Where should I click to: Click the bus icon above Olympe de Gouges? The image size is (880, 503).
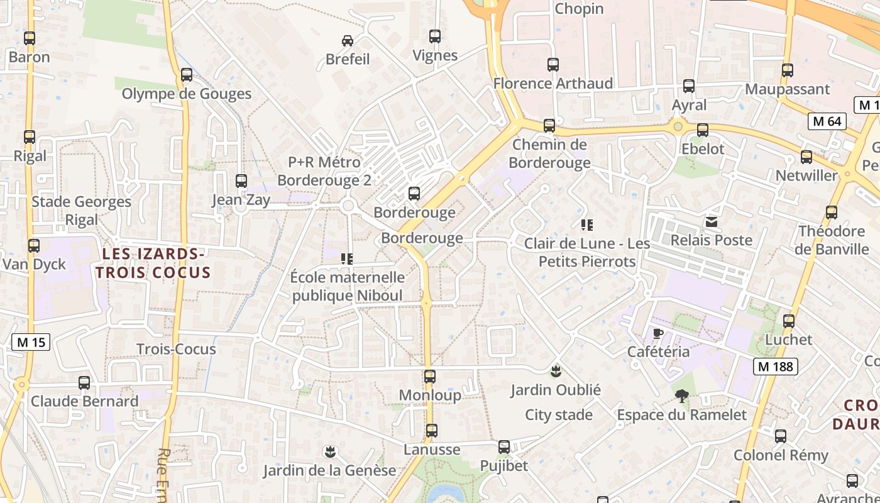pyautogui.click(x=187, y=75)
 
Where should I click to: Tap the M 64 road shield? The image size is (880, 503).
pyautogui.click(x=826, y=121)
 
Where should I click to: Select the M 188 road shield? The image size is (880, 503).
pyautogui.click(x=776, y=366)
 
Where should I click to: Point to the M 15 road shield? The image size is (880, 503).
pyautogui.click(x=31, y=342)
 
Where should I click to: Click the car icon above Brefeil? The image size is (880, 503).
pyautogui.click(x=347, y=41)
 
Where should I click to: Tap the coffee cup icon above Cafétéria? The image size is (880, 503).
pyautogui.click(x=658, y=333)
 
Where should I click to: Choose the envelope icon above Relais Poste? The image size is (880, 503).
pyautogui.click(x=712, y=221)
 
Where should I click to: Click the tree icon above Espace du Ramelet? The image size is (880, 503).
pyautogui.click(x=681, y=396)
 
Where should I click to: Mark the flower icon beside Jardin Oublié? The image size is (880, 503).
pyautogui.click(x=556, y=371)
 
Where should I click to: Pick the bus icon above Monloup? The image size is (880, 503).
pyautogui.click(x=430, y=377)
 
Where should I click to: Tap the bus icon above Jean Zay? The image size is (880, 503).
pyautogui.click(x=241, y=181)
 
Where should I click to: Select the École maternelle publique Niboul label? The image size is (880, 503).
pyautogui.click(x=348, y=286)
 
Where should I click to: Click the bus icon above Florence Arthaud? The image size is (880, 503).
pyautogui.click(x=553, y=65)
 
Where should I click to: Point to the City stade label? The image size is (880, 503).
pyautogui.click(x=559, y=415)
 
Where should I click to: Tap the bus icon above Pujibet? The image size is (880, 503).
pyautogui.click(x=504, y=447)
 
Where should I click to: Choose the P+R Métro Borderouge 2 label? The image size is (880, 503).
pyautogui.click(x=324, y=171)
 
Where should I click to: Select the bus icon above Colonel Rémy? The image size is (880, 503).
pyautogui.click(x=781, y=436)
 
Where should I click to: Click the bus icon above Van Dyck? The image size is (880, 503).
pyautogui.click(x=34, y=246)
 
